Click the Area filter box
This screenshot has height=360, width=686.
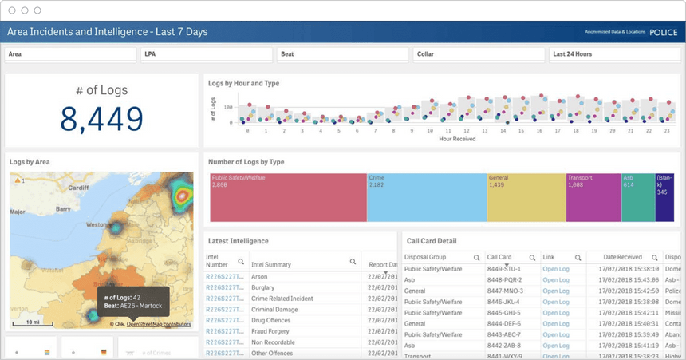pos(70,54)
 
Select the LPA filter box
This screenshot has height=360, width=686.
pos(207,54)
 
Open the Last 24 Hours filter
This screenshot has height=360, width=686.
pos(614,54)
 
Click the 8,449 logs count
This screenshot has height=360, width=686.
pos(101,118)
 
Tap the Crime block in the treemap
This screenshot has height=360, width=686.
pos(426,197)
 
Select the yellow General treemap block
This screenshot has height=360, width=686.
pos(526,197)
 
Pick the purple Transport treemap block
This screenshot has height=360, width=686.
pos(592,197)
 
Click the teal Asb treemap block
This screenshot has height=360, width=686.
pos(637,197)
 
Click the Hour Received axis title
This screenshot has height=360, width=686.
pos(457,139)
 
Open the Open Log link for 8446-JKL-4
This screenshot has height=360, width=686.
pos(556,302)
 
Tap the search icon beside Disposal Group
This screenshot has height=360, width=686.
pos(476,258)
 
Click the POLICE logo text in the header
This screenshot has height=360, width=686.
pos(663,33)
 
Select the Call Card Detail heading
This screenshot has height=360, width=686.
pos(432,240)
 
